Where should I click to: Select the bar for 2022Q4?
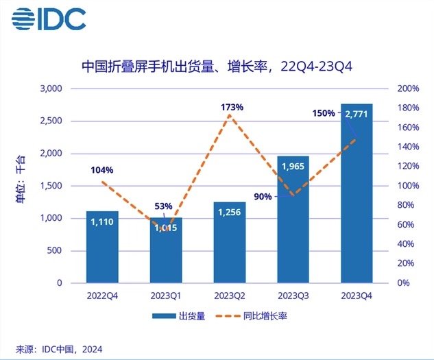102,247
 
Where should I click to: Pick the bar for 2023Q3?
293,219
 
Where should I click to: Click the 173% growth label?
232,107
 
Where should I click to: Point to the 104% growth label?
101,169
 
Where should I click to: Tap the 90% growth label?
263,196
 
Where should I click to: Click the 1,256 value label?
229,213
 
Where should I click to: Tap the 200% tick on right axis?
409,89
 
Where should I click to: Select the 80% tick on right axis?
407,205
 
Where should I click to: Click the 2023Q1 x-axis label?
165,297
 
